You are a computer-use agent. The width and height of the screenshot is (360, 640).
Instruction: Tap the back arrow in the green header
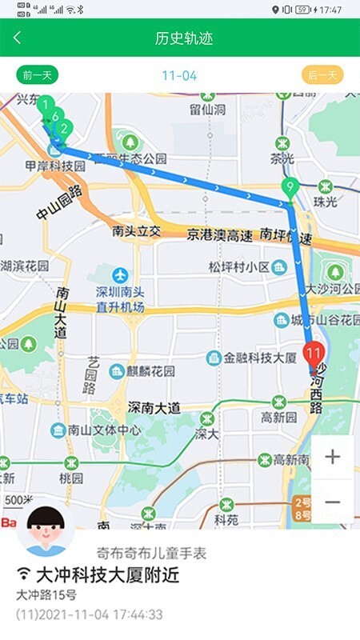(18, 38)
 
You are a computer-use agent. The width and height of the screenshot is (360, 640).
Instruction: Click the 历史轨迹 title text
(184, 38)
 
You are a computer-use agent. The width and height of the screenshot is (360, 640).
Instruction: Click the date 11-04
(178, 76)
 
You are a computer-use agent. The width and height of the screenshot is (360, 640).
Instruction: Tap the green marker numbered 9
(289, 190)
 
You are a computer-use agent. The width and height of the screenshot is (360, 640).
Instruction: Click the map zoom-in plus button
(332, 457)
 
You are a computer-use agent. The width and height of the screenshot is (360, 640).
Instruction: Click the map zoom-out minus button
(332, 502)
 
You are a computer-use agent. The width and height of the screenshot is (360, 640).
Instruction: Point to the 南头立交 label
(137, 232)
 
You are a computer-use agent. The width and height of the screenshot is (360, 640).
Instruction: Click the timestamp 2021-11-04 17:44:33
(101, 614)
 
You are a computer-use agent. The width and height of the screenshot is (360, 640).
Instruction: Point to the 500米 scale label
(18, 501)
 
